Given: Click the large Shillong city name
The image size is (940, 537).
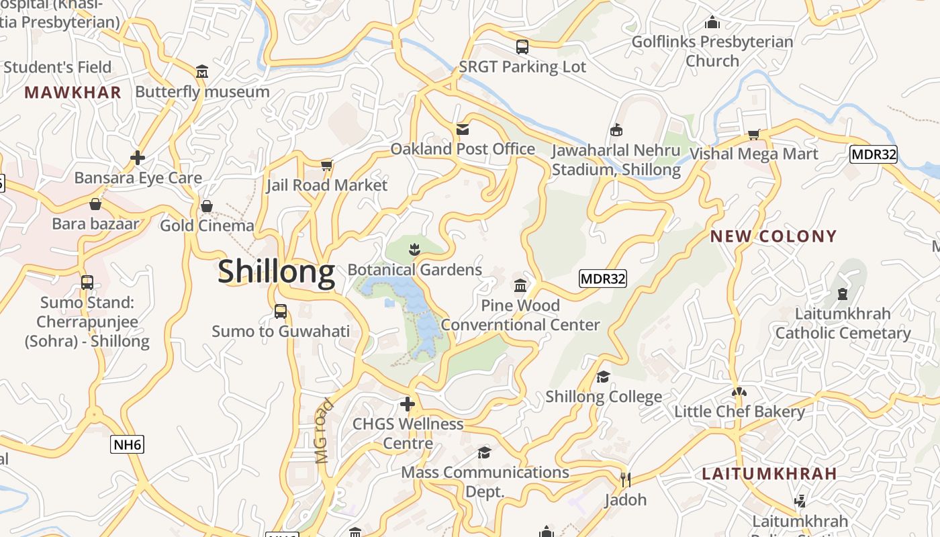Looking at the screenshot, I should (276, 272).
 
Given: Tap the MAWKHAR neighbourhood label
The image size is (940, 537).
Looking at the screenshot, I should (73, 93).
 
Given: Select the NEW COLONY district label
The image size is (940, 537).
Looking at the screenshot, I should (773, 236).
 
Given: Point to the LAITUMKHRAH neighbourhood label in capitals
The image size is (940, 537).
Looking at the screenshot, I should (769, 473).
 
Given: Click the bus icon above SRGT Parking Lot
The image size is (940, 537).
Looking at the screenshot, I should (522, 46).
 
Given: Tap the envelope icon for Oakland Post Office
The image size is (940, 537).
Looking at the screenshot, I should (463, 129).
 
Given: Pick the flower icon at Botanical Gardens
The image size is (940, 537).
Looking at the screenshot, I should (414, 250).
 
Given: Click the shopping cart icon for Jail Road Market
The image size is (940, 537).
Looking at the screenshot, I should (327, 165).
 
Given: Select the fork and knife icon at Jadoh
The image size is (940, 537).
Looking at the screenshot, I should (625, 479).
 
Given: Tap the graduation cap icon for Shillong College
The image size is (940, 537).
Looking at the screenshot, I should (603, 377).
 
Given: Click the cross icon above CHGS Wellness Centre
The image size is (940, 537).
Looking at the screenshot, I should (407, 404).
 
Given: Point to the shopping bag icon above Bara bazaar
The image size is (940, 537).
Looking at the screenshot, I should (95, 204).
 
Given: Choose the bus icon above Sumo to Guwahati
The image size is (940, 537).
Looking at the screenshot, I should (281, 311).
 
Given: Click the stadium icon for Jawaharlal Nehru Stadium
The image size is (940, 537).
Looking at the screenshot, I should (616, 130).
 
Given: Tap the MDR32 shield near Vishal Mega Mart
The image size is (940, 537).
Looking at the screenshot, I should (873, 154).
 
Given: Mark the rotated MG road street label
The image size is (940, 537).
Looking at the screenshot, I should (324, 431).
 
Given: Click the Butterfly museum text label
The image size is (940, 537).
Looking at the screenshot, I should (202, 92).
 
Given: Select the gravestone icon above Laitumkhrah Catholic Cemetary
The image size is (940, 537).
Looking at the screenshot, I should (843, 293).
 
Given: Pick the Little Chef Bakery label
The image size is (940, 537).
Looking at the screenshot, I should (739, 411).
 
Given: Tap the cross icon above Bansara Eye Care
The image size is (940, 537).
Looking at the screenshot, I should (138, 158).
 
